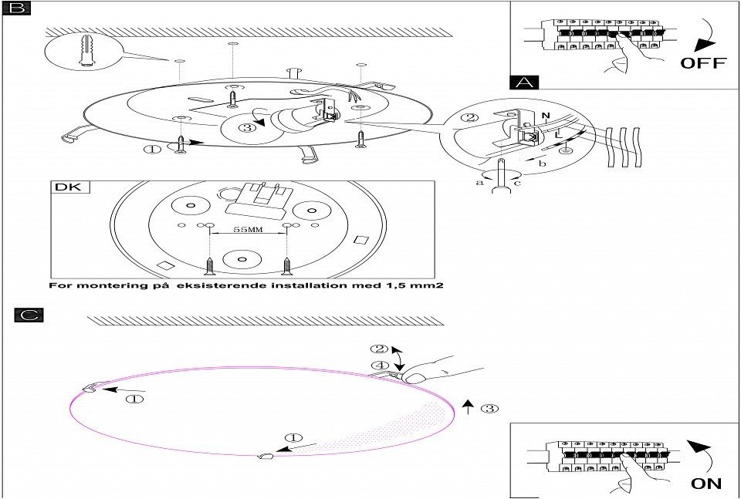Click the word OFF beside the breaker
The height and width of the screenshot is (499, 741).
pos(702,62)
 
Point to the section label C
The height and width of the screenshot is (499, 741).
pos(29,315)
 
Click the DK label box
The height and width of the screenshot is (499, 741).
pos(72,187)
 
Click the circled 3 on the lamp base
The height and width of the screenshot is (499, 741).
pos(246,127)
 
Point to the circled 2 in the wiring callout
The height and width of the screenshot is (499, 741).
pos(469,119)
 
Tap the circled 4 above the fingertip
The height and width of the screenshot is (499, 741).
pos(377,365)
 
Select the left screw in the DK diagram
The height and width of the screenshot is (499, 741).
pos(209,264)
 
